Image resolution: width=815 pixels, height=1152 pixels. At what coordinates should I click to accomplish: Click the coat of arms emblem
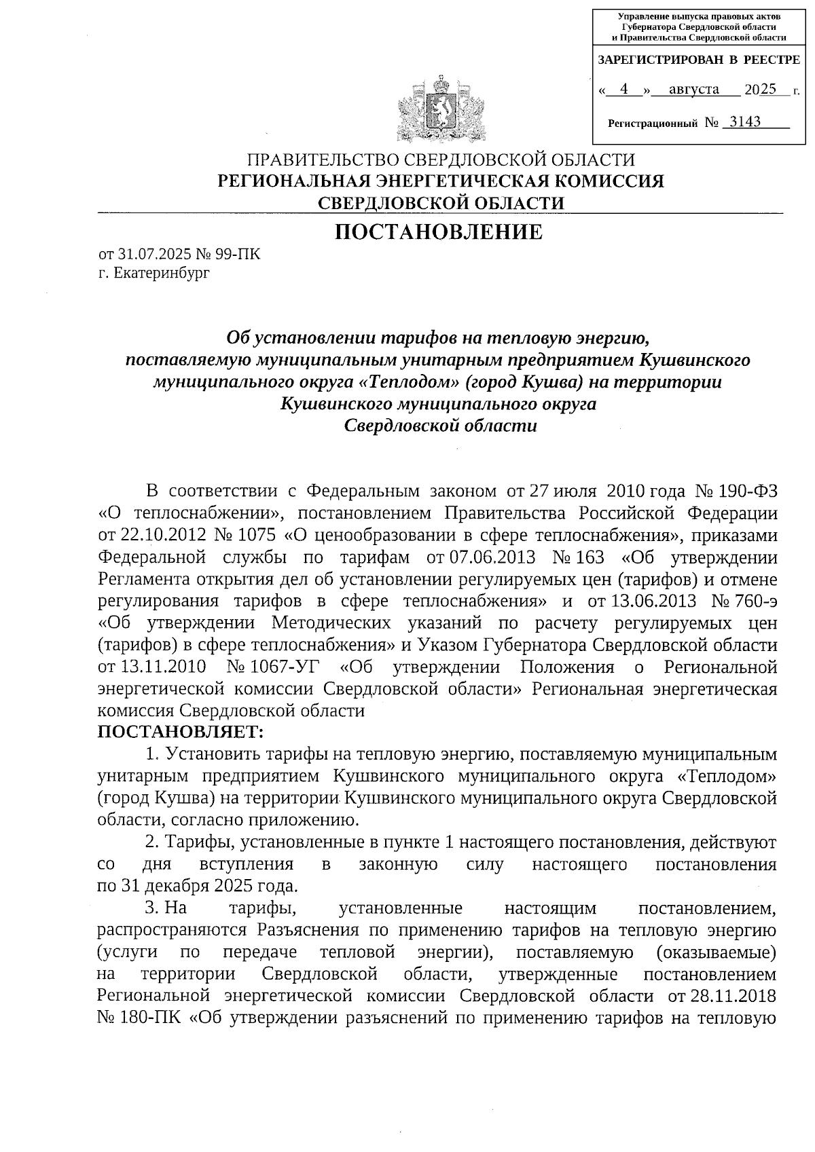pos(441,111)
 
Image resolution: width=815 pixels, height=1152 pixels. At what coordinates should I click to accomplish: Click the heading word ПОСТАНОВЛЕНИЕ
pos(440,232)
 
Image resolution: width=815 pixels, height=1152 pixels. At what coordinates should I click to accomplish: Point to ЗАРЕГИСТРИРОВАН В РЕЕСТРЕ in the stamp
pos(698,60)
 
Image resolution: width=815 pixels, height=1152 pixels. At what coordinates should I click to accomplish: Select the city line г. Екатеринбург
pos(154,274)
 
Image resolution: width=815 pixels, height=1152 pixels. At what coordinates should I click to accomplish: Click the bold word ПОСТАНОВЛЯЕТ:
pos(180,732)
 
